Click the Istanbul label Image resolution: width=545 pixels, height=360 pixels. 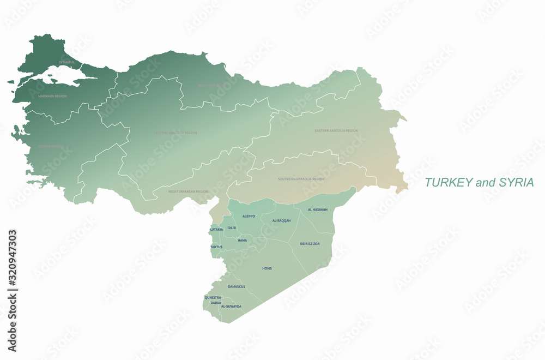[x=67, y=62]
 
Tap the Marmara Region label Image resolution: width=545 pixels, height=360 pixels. [x=52, y=96]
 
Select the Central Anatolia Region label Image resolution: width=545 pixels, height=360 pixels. [x=175, y=133]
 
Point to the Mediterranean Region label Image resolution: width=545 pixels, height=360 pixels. [x=188, y=191]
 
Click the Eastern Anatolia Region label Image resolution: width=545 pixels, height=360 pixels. [x=336, y=131]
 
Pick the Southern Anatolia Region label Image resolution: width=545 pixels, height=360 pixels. [x=301, y=179]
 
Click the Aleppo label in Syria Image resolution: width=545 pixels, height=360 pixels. [x=249, y=216]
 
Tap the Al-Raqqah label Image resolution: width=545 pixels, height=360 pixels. [x=281, y=220]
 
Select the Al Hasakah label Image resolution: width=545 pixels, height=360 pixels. [x=318, y=209]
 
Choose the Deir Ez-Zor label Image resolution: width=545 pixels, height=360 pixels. [x=310, y=243]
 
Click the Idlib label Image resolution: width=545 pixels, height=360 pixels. [x=232, y=227]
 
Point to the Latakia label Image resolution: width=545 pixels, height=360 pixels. [x=216, y=230]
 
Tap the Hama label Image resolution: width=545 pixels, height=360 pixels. [x=243, y=240]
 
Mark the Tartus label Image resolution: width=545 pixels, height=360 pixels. [x=216, y=247]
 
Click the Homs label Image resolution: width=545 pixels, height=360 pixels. [x=267, y=268]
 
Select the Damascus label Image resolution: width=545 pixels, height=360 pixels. [x=237, y=286]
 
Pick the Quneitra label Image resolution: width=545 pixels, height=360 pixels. [x=213, y=297]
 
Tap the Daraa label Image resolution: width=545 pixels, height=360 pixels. [x=216, y=302]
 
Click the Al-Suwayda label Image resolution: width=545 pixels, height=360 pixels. [x=231, y=307]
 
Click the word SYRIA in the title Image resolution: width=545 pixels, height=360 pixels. [x=516, y=183]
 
